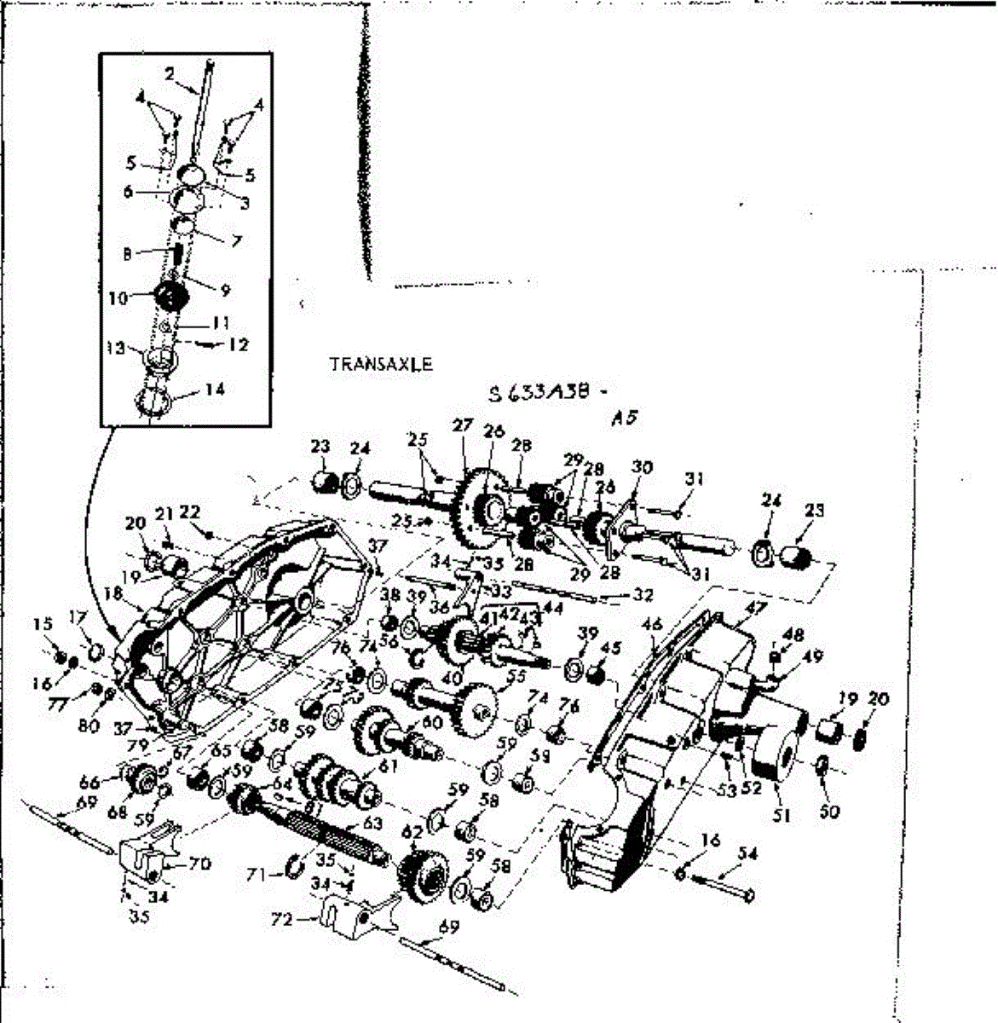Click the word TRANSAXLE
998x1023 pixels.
pyautogui.click(x=381, y=364)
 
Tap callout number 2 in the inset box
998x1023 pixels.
pyautogui.click(x=170, y=75)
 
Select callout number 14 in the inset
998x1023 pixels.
pyautogui.click(x=215, y=390)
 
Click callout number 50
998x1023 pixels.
pyautogui.click(x=828, y=811)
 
